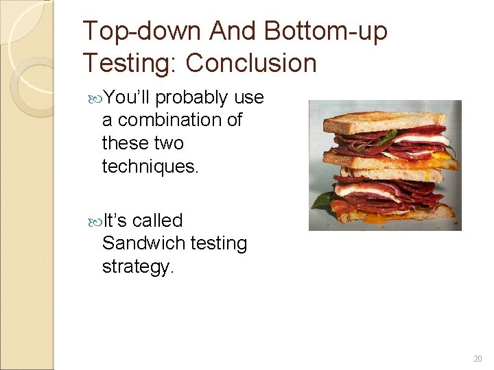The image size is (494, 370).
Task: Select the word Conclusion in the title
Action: tap(251, 63)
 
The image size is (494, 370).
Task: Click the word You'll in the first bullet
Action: tap(128, 98)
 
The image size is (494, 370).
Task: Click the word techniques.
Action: tap(150, 165)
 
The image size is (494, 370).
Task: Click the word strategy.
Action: tap(138, 266)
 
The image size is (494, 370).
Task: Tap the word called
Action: tap(158, 221)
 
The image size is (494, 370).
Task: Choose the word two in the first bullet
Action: tap(169, 143)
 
